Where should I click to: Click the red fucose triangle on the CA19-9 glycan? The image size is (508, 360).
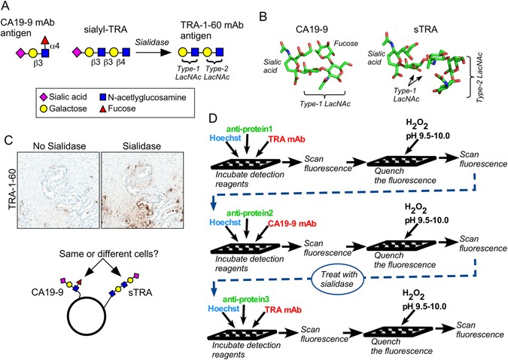click(46, 37)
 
